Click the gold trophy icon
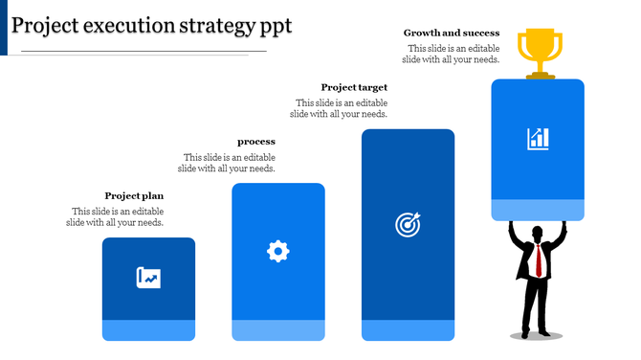(x=538, y=52)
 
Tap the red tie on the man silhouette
(x=539, y=259)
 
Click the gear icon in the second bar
(x=277, y=252)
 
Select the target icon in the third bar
(x=408, y=225)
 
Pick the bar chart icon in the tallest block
(x=538, y=138)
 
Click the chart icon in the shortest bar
(x=148, y=278)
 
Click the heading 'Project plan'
(x=134, y=196)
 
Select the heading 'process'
(x=256, y=142)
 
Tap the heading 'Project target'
(x=354, y=87)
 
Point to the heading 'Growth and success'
(x=452, y=33)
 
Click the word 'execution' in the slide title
(x=123, y=25)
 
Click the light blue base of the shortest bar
(x=148, y=330)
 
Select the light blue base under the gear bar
(x=277, y=330)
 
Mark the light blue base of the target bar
(x=408, y=330)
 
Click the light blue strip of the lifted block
(x=538, y=210)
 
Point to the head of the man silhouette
(x=537, y=232)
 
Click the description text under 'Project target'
(x=342, y=108)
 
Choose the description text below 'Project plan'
(x=115, y=217)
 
